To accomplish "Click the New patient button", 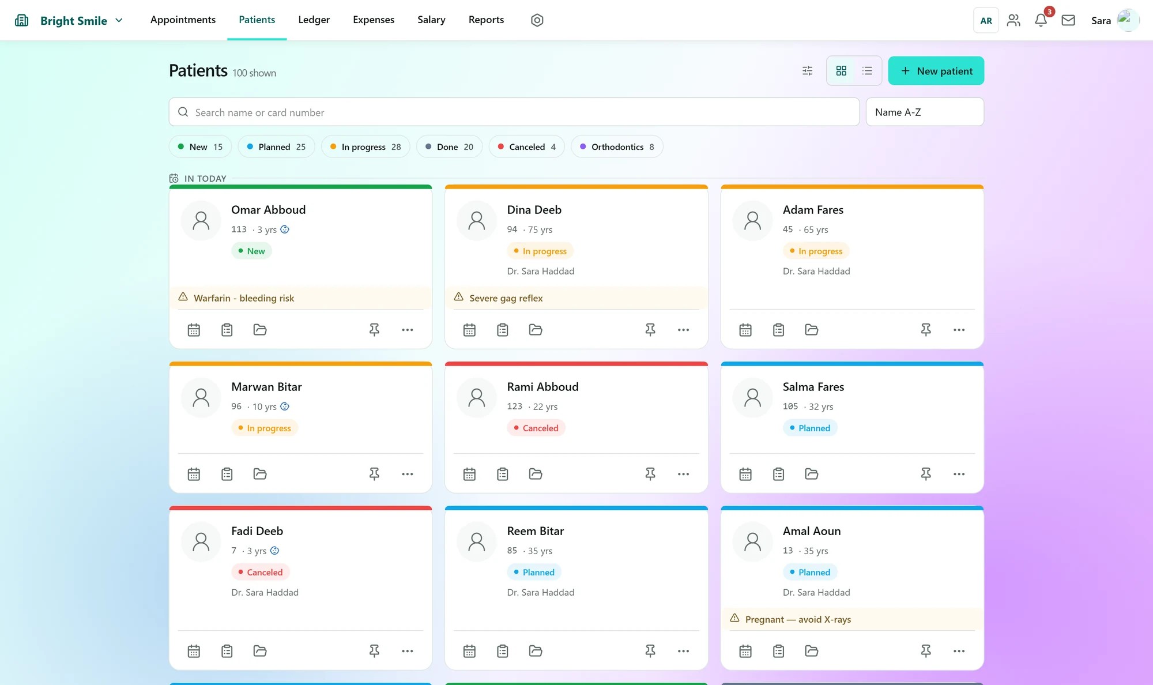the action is click(936, 71).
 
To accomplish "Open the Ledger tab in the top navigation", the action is click(314, 20).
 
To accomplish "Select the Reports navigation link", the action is click(486, 20).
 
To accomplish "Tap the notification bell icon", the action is click(1041, 20).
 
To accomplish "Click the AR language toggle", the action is click(986, 20).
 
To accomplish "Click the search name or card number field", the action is click(514, 112).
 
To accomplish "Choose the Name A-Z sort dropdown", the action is click(925, 112).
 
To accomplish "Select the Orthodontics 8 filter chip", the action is click(617, 146).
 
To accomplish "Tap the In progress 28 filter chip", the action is click(366, 146).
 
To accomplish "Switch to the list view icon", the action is click(867, 71).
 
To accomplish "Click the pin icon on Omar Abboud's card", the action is click(374, 330).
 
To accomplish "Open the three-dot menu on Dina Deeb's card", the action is click(683, 330).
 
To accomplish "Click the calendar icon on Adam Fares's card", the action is click(745, 330).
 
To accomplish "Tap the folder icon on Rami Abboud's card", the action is click(536, 474).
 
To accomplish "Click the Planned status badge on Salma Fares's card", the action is click(810, 428).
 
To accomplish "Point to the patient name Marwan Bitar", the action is click(266, 387).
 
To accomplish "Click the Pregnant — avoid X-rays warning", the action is click(798, 619).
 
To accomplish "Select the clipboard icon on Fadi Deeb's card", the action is click(227, 651).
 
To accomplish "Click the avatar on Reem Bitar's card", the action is click(477, 542).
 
